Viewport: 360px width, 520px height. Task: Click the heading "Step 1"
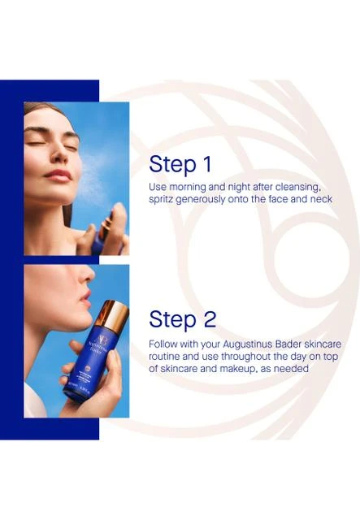point(180,164)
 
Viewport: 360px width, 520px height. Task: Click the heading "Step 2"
point(183,319)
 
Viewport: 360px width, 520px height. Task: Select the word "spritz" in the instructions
point(161,200)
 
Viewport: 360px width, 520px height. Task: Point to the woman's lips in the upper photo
point(59,175)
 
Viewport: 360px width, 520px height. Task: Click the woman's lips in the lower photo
point(86,298)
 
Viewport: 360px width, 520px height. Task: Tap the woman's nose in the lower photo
point(88,274)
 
